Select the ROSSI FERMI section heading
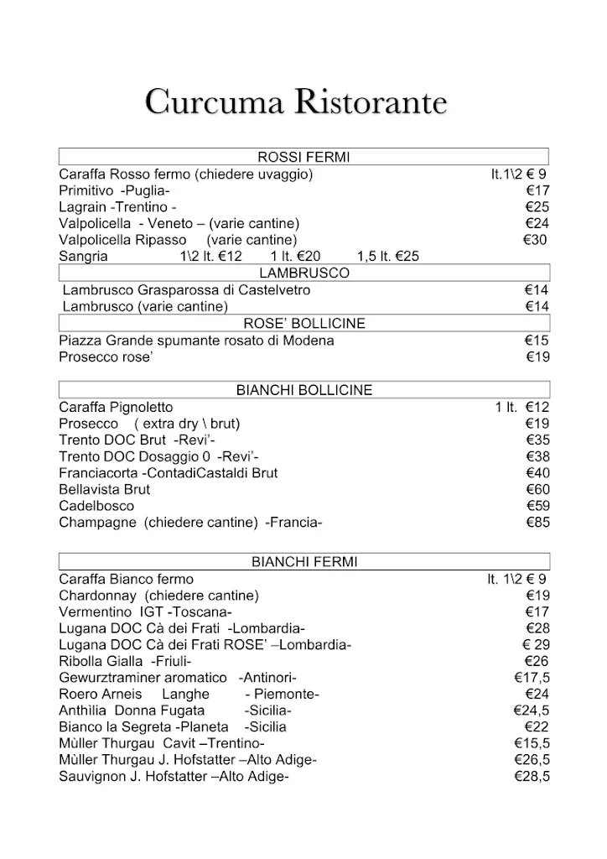pos(303,157)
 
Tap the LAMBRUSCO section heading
pos(303,273)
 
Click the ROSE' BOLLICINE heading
pos(303,323)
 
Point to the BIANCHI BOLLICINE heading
pos(303,390)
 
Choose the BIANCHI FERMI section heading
pos(303,562)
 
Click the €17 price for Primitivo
pos(537,190)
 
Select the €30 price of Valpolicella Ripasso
pos(535,240)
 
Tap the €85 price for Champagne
pos(537,523)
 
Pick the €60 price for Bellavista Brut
pos(537,489)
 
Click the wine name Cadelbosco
pos(96,506)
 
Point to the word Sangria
pos(83,257)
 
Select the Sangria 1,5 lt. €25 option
pos(387,257)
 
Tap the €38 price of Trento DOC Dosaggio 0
pos(537,456)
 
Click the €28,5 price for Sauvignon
pos(532,777)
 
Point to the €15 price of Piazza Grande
pos(537,341)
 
